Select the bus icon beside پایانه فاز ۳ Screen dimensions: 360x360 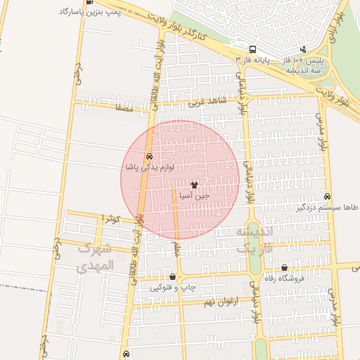click(251, 49)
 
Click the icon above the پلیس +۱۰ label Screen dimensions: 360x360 click(303, 49)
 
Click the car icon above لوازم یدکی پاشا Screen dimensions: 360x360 click(148, 156)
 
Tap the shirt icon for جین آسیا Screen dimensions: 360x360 click(194, 184)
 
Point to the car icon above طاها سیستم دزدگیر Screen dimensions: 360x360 click(327, 196)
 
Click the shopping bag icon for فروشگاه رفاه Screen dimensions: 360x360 click(284, 267)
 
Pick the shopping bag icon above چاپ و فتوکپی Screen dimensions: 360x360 click(173, 276)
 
